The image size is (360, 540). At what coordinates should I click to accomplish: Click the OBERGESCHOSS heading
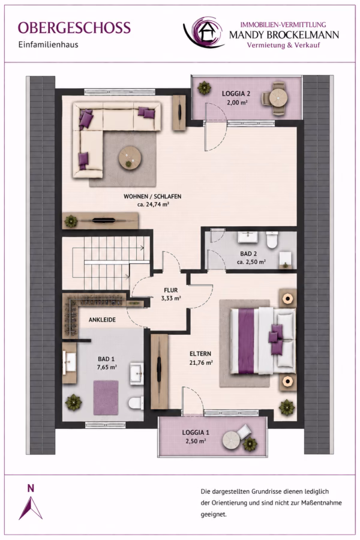point(74,28)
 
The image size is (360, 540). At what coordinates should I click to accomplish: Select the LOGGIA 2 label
point(236,94)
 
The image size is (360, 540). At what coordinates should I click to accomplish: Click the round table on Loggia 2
point(278,98)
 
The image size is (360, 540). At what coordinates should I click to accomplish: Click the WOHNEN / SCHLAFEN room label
point(152,197)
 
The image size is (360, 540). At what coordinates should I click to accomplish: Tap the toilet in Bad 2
point(272,239)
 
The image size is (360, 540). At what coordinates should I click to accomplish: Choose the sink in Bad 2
point(248,237)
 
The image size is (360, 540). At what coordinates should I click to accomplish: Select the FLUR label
point(171,290)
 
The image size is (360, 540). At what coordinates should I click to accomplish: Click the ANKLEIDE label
point(102,320)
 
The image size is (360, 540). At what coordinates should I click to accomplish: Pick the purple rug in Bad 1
point(106,397)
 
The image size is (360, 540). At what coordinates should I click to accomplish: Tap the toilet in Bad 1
point(136,403)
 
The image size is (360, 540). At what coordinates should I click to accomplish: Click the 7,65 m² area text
point(107,367)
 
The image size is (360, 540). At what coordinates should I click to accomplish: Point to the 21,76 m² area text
point(201,362)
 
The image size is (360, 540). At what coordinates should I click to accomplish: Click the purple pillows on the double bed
point(276,339)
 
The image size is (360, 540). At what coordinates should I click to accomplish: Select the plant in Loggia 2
point(204,88)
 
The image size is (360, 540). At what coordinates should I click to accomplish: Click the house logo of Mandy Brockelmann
point(203,32)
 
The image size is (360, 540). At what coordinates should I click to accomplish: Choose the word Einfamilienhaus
point(48,45)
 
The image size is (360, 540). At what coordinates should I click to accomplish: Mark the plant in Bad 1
point(73,402)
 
